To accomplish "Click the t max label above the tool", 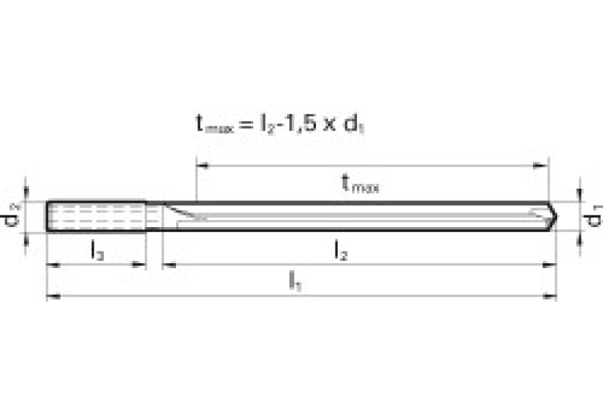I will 360,184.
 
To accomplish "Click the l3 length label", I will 97,252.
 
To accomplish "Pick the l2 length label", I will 341,252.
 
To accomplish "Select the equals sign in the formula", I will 244,123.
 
